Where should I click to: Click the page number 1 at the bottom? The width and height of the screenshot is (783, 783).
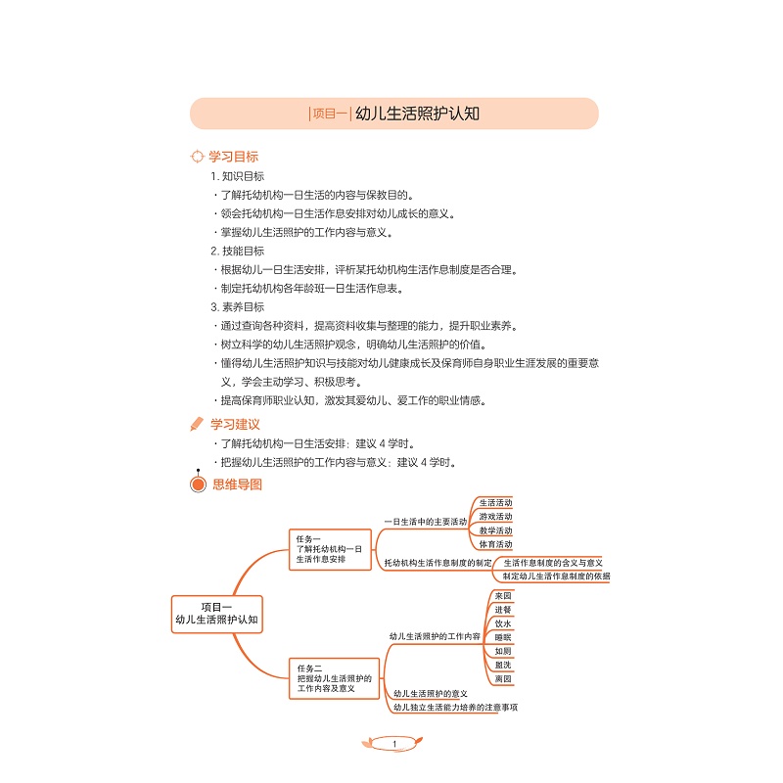[394, 744]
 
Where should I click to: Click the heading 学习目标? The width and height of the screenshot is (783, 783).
[233, 157]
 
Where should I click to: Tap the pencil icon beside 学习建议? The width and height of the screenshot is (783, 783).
[197, 424]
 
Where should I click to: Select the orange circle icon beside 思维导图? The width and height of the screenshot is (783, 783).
[199, 484]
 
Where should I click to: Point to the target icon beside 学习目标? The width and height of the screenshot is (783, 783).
[198, 157]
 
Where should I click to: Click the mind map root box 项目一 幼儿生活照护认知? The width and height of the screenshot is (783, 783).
[216, 615]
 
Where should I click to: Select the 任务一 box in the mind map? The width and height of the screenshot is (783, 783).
[330, 549]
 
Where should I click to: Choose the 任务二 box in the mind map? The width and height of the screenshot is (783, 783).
[334, 678]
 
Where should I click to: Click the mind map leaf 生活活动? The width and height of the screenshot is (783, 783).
[495, 503]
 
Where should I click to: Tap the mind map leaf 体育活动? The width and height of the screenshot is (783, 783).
[495, 544]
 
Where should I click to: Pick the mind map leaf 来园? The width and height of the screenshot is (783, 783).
[503, 596]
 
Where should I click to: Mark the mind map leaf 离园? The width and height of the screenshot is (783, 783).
[503, 678]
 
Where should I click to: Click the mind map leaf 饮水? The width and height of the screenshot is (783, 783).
[503, 623]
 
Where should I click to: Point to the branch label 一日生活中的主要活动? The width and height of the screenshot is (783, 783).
[426, 522]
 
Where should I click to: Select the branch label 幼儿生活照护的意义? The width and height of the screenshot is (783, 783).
[431, 694]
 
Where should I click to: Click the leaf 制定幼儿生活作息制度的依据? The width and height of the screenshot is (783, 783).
[556, 576]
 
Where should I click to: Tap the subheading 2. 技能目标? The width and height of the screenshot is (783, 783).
[237, 252]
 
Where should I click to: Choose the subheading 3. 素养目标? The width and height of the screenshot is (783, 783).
[237, 307]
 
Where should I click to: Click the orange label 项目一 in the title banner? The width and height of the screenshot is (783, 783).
[330, 114]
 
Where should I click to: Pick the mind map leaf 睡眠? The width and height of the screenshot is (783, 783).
[503, 638]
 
